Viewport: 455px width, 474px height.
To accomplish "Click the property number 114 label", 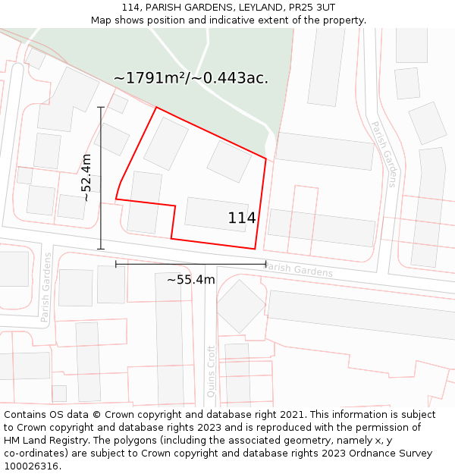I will [242, 218].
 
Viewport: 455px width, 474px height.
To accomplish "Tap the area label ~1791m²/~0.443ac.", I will [190, 77].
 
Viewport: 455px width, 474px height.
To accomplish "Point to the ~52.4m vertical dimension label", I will [86, 177].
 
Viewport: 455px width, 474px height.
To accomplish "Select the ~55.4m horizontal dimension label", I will [191, 280].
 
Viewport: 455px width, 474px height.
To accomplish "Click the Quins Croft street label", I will [211, 372].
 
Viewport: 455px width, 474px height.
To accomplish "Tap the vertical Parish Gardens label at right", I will [384, 153].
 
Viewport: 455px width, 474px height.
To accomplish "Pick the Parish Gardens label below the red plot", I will [298, 269].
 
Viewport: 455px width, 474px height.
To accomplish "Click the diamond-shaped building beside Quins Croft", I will [241, 306].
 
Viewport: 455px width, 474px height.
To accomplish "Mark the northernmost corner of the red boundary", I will [156, 108].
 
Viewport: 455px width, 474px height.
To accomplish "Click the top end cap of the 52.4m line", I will [101, 108].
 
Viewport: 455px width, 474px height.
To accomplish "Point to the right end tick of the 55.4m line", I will [266, 264].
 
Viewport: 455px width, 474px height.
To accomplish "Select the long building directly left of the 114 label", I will [216, 214].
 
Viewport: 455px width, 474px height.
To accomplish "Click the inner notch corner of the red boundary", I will [175, 205].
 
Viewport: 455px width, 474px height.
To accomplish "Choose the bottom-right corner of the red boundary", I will [256, 249].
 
